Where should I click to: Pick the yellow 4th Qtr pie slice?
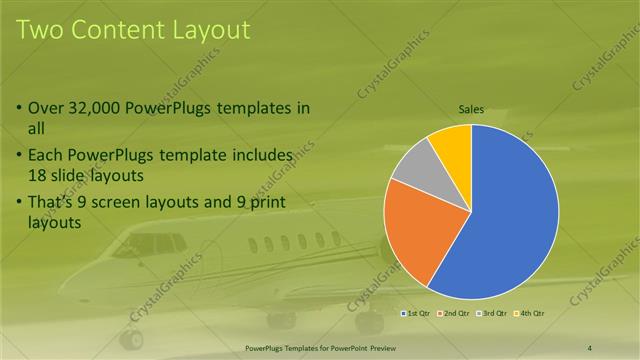tap(453, 145)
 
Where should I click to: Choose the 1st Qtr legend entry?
tap(416, 314)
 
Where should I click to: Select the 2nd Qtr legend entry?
tap(456, 314)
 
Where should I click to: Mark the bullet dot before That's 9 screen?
tap(21, 203)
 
